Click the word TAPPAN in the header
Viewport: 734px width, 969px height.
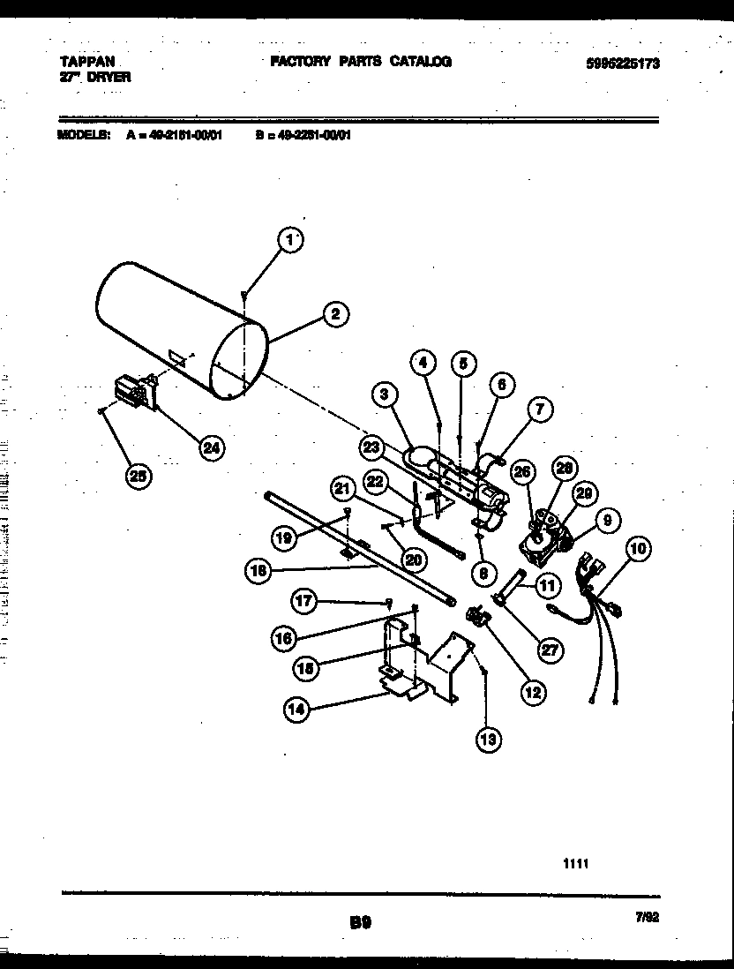tap(80, 63)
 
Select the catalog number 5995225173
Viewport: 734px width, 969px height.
tap(622, 64)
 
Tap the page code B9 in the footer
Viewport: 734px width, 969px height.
tap(360, 922)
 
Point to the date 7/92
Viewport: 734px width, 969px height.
tap(648, 917)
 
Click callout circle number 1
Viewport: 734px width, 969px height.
tap(290, 238)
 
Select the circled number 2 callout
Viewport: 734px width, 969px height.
tap(334, 312)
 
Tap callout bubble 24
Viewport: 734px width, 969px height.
tap(210, 448)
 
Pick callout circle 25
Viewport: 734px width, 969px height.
tap(138, 477)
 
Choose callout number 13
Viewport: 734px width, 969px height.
tap(487, 740)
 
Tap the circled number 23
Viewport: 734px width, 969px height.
tap(372, 447)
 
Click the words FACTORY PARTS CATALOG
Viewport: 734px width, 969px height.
tap(360, 62)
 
